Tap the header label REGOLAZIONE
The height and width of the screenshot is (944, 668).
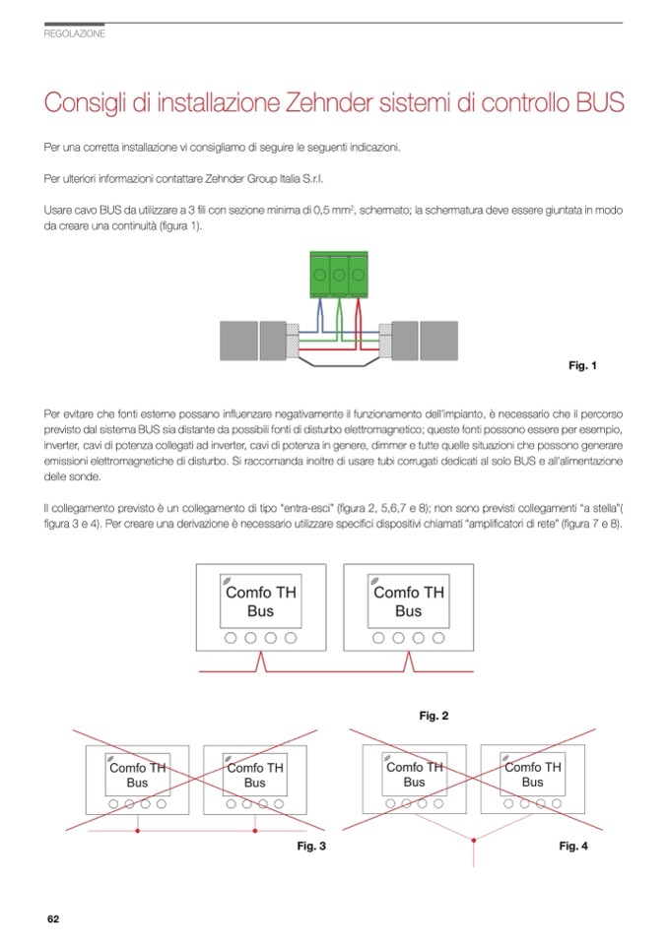point(75,33)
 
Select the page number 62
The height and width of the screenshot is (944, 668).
point(53,918)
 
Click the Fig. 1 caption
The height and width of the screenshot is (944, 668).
point(583,366)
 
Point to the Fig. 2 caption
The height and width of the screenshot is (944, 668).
point(434,716)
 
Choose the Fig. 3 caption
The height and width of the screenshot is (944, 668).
point(311,846)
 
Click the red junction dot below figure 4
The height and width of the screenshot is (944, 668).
point(474,840)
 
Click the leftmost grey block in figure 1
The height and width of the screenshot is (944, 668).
point(237,341)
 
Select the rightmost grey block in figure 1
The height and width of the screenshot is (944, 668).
point(438,341)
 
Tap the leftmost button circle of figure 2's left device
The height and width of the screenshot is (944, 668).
point(231,638)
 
